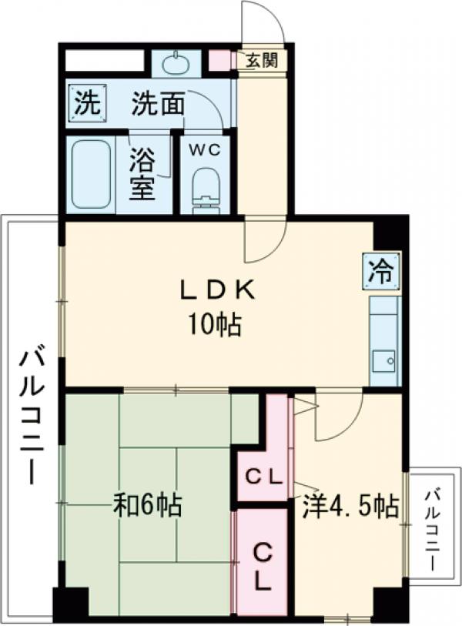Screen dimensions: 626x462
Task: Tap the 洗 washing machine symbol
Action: coord(88,105)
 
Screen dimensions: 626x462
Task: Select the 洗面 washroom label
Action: coord(157,105)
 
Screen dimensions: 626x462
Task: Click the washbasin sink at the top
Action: coord(176,62)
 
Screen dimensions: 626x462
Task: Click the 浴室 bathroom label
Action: coord(143,174)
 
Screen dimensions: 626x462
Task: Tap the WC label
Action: coord(206,149)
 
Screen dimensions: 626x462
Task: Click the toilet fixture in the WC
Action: coord(206,191)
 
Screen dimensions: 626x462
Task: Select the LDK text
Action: coord(216,291)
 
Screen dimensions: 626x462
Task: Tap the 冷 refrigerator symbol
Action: coord(383,271)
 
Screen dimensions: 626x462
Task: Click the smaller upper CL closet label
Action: coord(264,477)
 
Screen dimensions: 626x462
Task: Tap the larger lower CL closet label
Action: coord(263,567)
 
